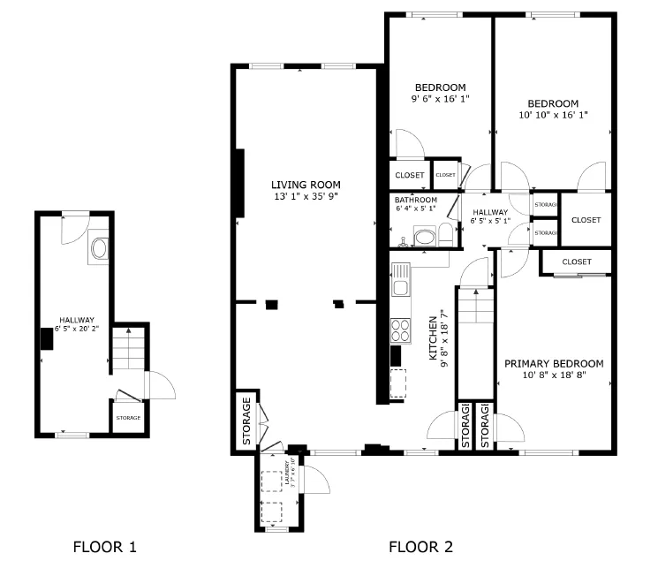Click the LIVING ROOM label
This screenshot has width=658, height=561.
[306, 185]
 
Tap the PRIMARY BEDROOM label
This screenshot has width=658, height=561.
[554, 363]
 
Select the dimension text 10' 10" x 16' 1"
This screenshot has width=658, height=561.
[553, 115]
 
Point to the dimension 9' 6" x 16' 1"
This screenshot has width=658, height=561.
[440, 99]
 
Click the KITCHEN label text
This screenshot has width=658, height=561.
[434, 337]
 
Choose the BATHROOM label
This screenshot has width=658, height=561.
[415, 200]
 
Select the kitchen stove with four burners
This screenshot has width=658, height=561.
[400, 330]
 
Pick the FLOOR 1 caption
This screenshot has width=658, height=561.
[104, 547]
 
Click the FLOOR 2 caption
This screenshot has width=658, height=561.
[420, 547]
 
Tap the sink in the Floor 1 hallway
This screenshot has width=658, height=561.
[98, 248]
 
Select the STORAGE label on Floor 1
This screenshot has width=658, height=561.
[128, 417]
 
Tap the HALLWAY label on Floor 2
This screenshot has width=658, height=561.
[489, 212]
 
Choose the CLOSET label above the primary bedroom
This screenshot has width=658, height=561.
[576, 262]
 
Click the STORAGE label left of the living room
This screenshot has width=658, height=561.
[247, 422]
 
